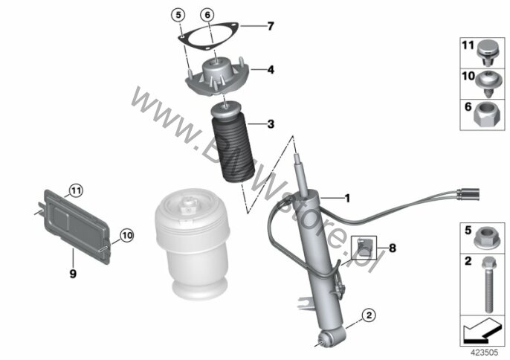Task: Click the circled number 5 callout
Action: click(x=178, y=16)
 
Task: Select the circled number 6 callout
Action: click(x=207, y=15)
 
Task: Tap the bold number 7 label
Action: click(x=271, y=26)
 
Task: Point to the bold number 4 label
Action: click(x=271, y=70)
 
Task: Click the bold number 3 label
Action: click(x=271, y=124)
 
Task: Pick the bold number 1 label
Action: click(x=347, y=198)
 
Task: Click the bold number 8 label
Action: click(x=393, y=248)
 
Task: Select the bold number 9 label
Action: click(x=73, y=274)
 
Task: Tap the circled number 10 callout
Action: click(x=127, y=235)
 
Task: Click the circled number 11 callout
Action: click(x=76, y=190)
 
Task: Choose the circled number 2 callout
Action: click(x=369, y=315)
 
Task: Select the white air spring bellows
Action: click(x=193, y=244)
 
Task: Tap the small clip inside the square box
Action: click(x=364, y=247)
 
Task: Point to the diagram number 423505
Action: click(x=485, y=353)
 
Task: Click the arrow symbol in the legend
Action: click(x=482, y=330)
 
